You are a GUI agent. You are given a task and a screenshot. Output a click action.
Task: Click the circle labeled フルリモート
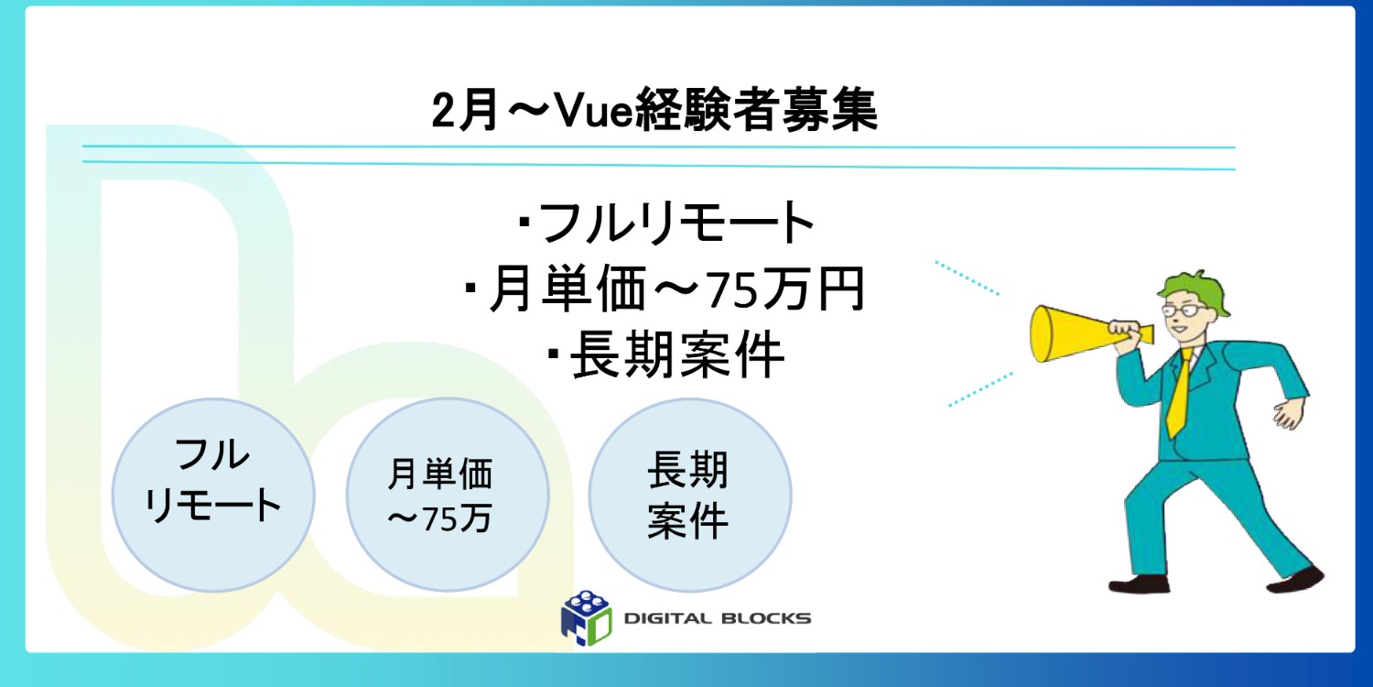pos(213,494)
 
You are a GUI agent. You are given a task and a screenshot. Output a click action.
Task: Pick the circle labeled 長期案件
pos(688,494)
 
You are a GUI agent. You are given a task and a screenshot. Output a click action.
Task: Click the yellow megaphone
pos(1071,333)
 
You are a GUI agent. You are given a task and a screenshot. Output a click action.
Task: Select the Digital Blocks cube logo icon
pos(586,616)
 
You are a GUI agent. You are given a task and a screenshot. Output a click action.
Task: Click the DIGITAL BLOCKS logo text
pos(717,618)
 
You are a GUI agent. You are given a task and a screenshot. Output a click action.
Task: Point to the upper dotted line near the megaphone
pos(966,278)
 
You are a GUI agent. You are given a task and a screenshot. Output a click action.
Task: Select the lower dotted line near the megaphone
pos(979,388)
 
